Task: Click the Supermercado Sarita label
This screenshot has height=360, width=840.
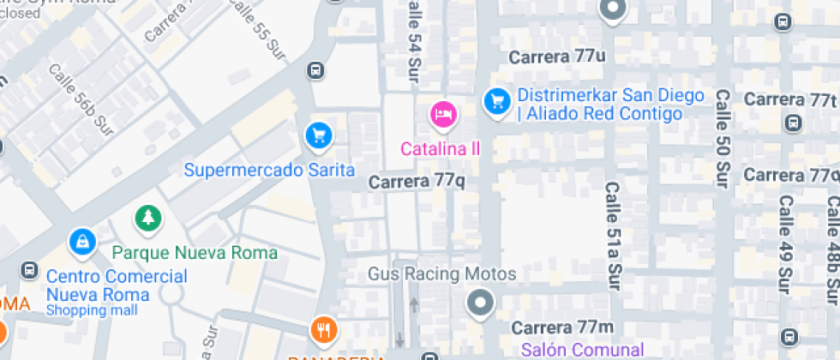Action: point(269,170)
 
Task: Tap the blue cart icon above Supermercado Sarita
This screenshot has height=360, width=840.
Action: point(319,135)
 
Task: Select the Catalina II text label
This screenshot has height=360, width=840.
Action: point(440,148)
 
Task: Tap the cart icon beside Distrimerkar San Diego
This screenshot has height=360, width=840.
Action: point(496,102)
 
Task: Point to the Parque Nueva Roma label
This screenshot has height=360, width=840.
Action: point(195,253)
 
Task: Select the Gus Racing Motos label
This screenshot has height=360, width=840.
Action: point(441,274)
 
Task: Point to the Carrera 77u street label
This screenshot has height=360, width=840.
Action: point(557,57)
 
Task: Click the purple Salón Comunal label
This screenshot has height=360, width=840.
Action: point(582,350)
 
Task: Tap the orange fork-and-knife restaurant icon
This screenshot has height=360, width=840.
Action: point(323,329)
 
